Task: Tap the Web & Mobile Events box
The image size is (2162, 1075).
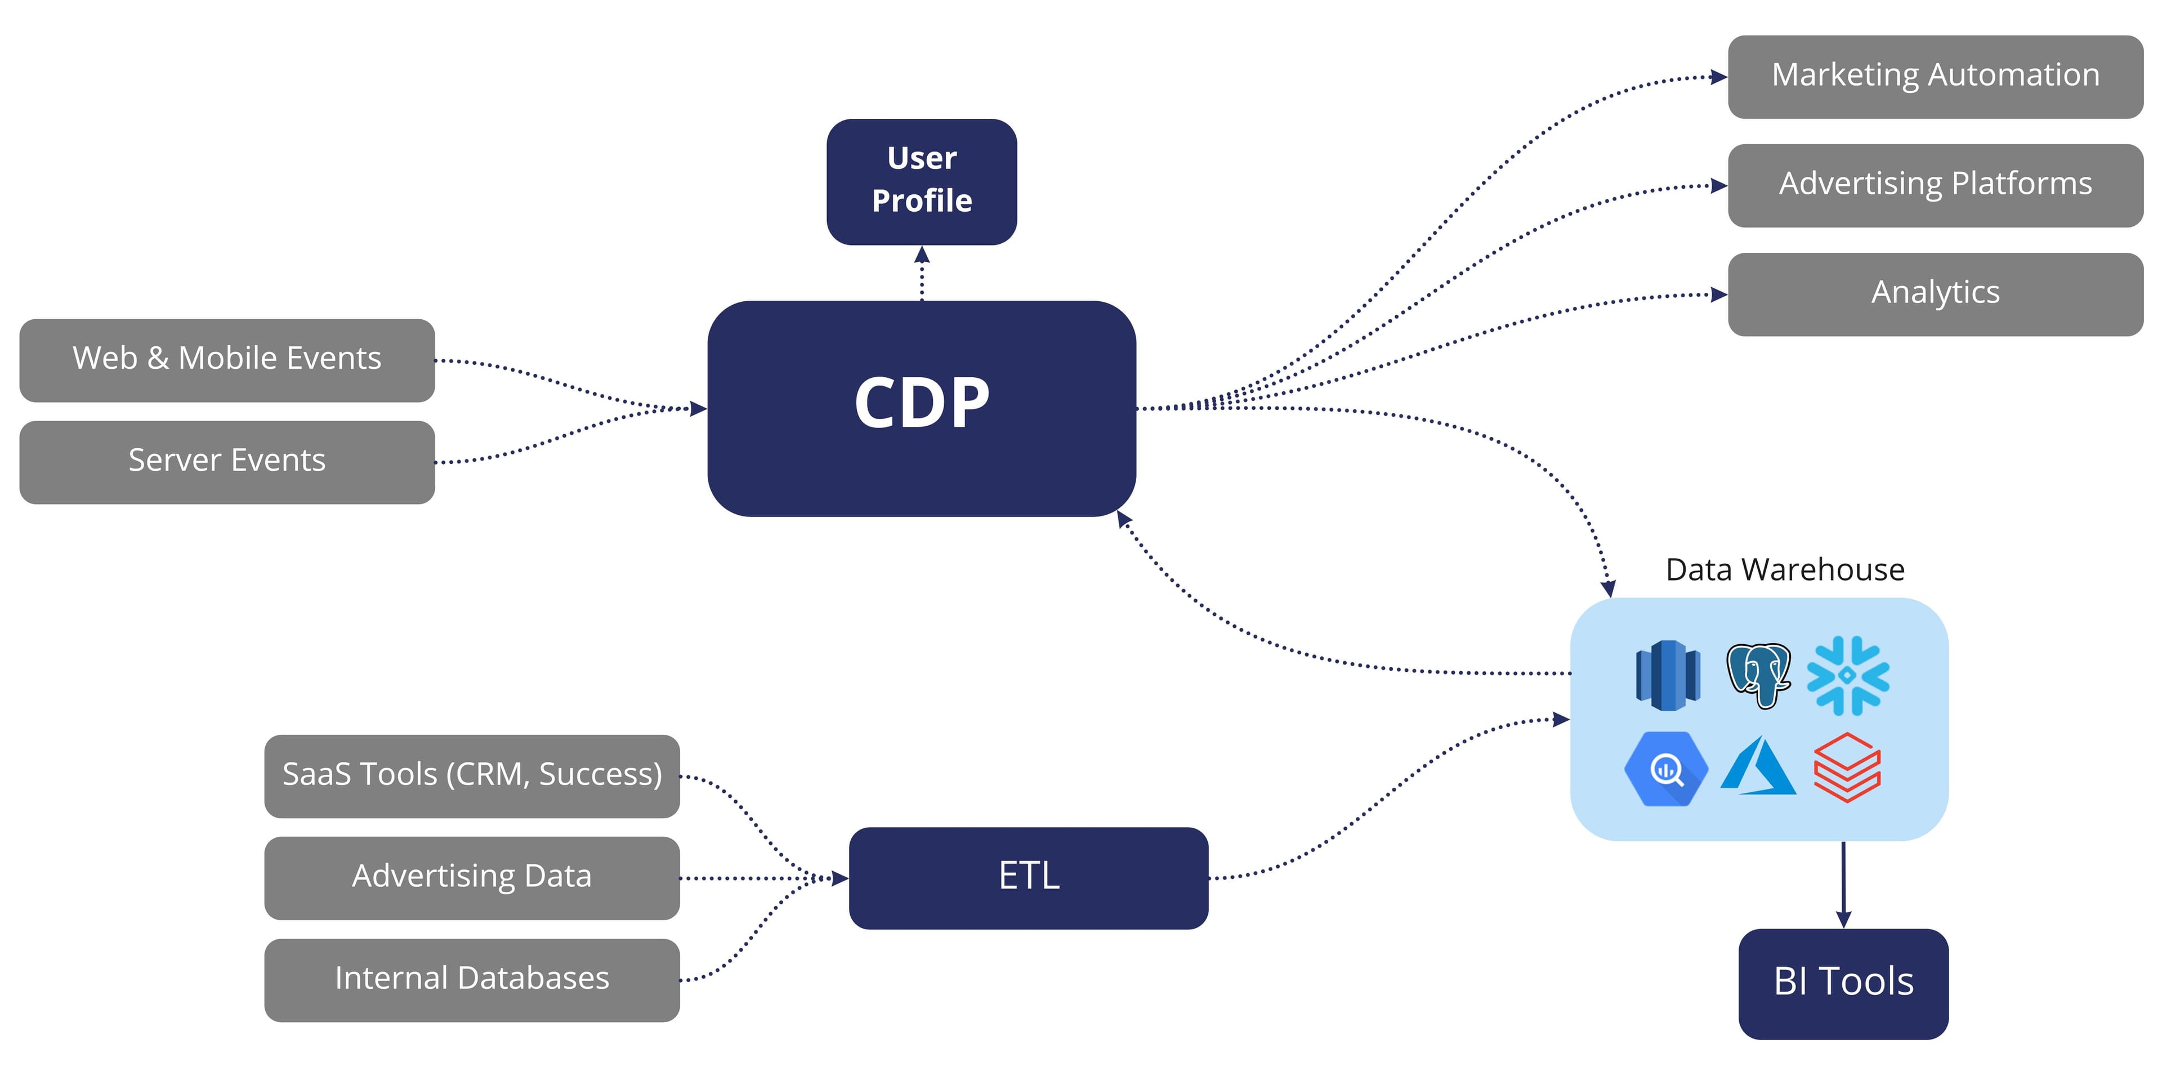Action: (x=226, y=359)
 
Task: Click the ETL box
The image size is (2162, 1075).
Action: (x=1028, y=877)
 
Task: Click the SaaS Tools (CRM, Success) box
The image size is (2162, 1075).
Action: (x=472, y=775)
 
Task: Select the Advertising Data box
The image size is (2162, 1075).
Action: (x=472, y=877)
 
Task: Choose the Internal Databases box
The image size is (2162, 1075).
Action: (x=472, y=979)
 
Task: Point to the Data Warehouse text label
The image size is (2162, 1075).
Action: (x=1784, y=570)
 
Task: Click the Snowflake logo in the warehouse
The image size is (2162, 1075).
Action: (x=1847, y=676)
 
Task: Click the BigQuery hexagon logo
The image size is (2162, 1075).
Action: (x=1666, y=769)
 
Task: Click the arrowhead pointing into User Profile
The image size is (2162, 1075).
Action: (x=922, y=255)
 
